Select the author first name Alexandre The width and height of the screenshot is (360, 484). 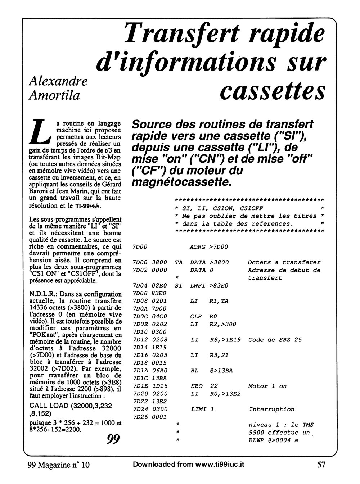tap(58, 81)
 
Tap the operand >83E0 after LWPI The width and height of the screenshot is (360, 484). tap(219, 286)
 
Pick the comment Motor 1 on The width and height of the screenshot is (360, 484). tap(267, 386)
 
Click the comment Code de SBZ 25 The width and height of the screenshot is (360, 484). tap(275, 340)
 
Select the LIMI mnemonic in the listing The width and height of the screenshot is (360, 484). tap(197, 409)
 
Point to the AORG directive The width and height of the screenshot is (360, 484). tap(197, 247)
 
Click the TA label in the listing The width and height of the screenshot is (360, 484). tap(178, 263)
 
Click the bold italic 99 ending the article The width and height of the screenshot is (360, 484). tap(113, 439)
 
